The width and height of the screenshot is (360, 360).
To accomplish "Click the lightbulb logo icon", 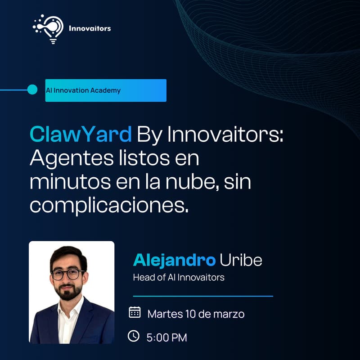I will pyautogui.click(x=49, y=28).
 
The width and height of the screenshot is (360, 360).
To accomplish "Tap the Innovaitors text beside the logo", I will pyautogui.click(x=90, y=28).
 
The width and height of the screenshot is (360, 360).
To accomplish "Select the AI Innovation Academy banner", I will pyautogui.click(x=106, y=90).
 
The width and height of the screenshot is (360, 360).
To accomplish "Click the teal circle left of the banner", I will pyautogui.click(x=32, y=90).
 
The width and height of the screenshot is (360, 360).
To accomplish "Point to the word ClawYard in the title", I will pyautogui.click(x=81, y=134).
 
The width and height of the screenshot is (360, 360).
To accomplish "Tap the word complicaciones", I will pyautogui.click(x=108, y=206).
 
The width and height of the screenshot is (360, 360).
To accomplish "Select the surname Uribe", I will pyautogui.click(x=241, y=261).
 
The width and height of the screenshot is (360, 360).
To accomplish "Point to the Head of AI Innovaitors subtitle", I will pyautogui.click(x=179, y=277).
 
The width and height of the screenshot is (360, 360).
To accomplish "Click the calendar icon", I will pyautogui.click(x=135, y=312).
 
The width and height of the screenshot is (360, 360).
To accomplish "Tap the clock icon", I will pyautogui.click(x=134, y=336).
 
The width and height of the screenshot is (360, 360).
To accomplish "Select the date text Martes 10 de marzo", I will pyautogui.click(x=196, y=314).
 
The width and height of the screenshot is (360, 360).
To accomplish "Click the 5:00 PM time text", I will pyautogui.click(x=166, y=337).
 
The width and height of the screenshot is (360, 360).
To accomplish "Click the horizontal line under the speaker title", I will pyautogui.click(x=203, y=296).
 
